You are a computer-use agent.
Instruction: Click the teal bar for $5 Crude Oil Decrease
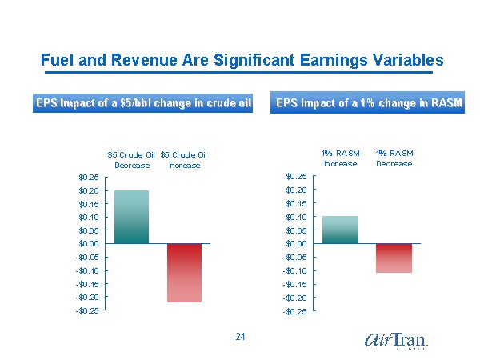131,217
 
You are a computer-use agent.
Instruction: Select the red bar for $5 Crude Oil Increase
184,273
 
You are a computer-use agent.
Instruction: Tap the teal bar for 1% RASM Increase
340,230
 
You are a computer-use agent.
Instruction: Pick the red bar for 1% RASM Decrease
394,258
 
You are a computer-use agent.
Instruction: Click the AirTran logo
396,341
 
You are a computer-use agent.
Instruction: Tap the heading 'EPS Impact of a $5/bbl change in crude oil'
143,103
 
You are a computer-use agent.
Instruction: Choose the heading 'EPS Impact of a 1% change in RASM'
369,103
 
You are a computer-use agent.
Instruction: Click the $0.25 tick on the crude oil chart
89,177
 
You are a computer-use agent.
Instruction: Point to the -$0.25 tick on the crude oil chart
87,310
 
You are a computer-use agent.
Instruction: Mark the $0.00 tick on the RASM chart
296,243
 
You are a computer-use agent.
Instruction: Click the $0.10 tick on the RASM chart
296,217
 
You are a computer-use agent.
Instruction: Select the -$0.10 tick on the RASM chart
294,270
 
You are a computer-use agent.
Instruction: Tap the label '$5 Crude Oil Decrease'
131,160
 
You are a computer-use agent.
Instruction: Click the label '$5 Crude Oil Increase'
184,160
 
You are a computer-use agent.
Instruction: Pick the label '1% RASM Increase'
341,158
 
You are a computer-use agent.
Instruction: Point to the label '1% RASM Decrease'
394,158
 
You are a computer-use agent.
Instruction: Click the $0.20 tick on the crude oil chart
89,190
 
